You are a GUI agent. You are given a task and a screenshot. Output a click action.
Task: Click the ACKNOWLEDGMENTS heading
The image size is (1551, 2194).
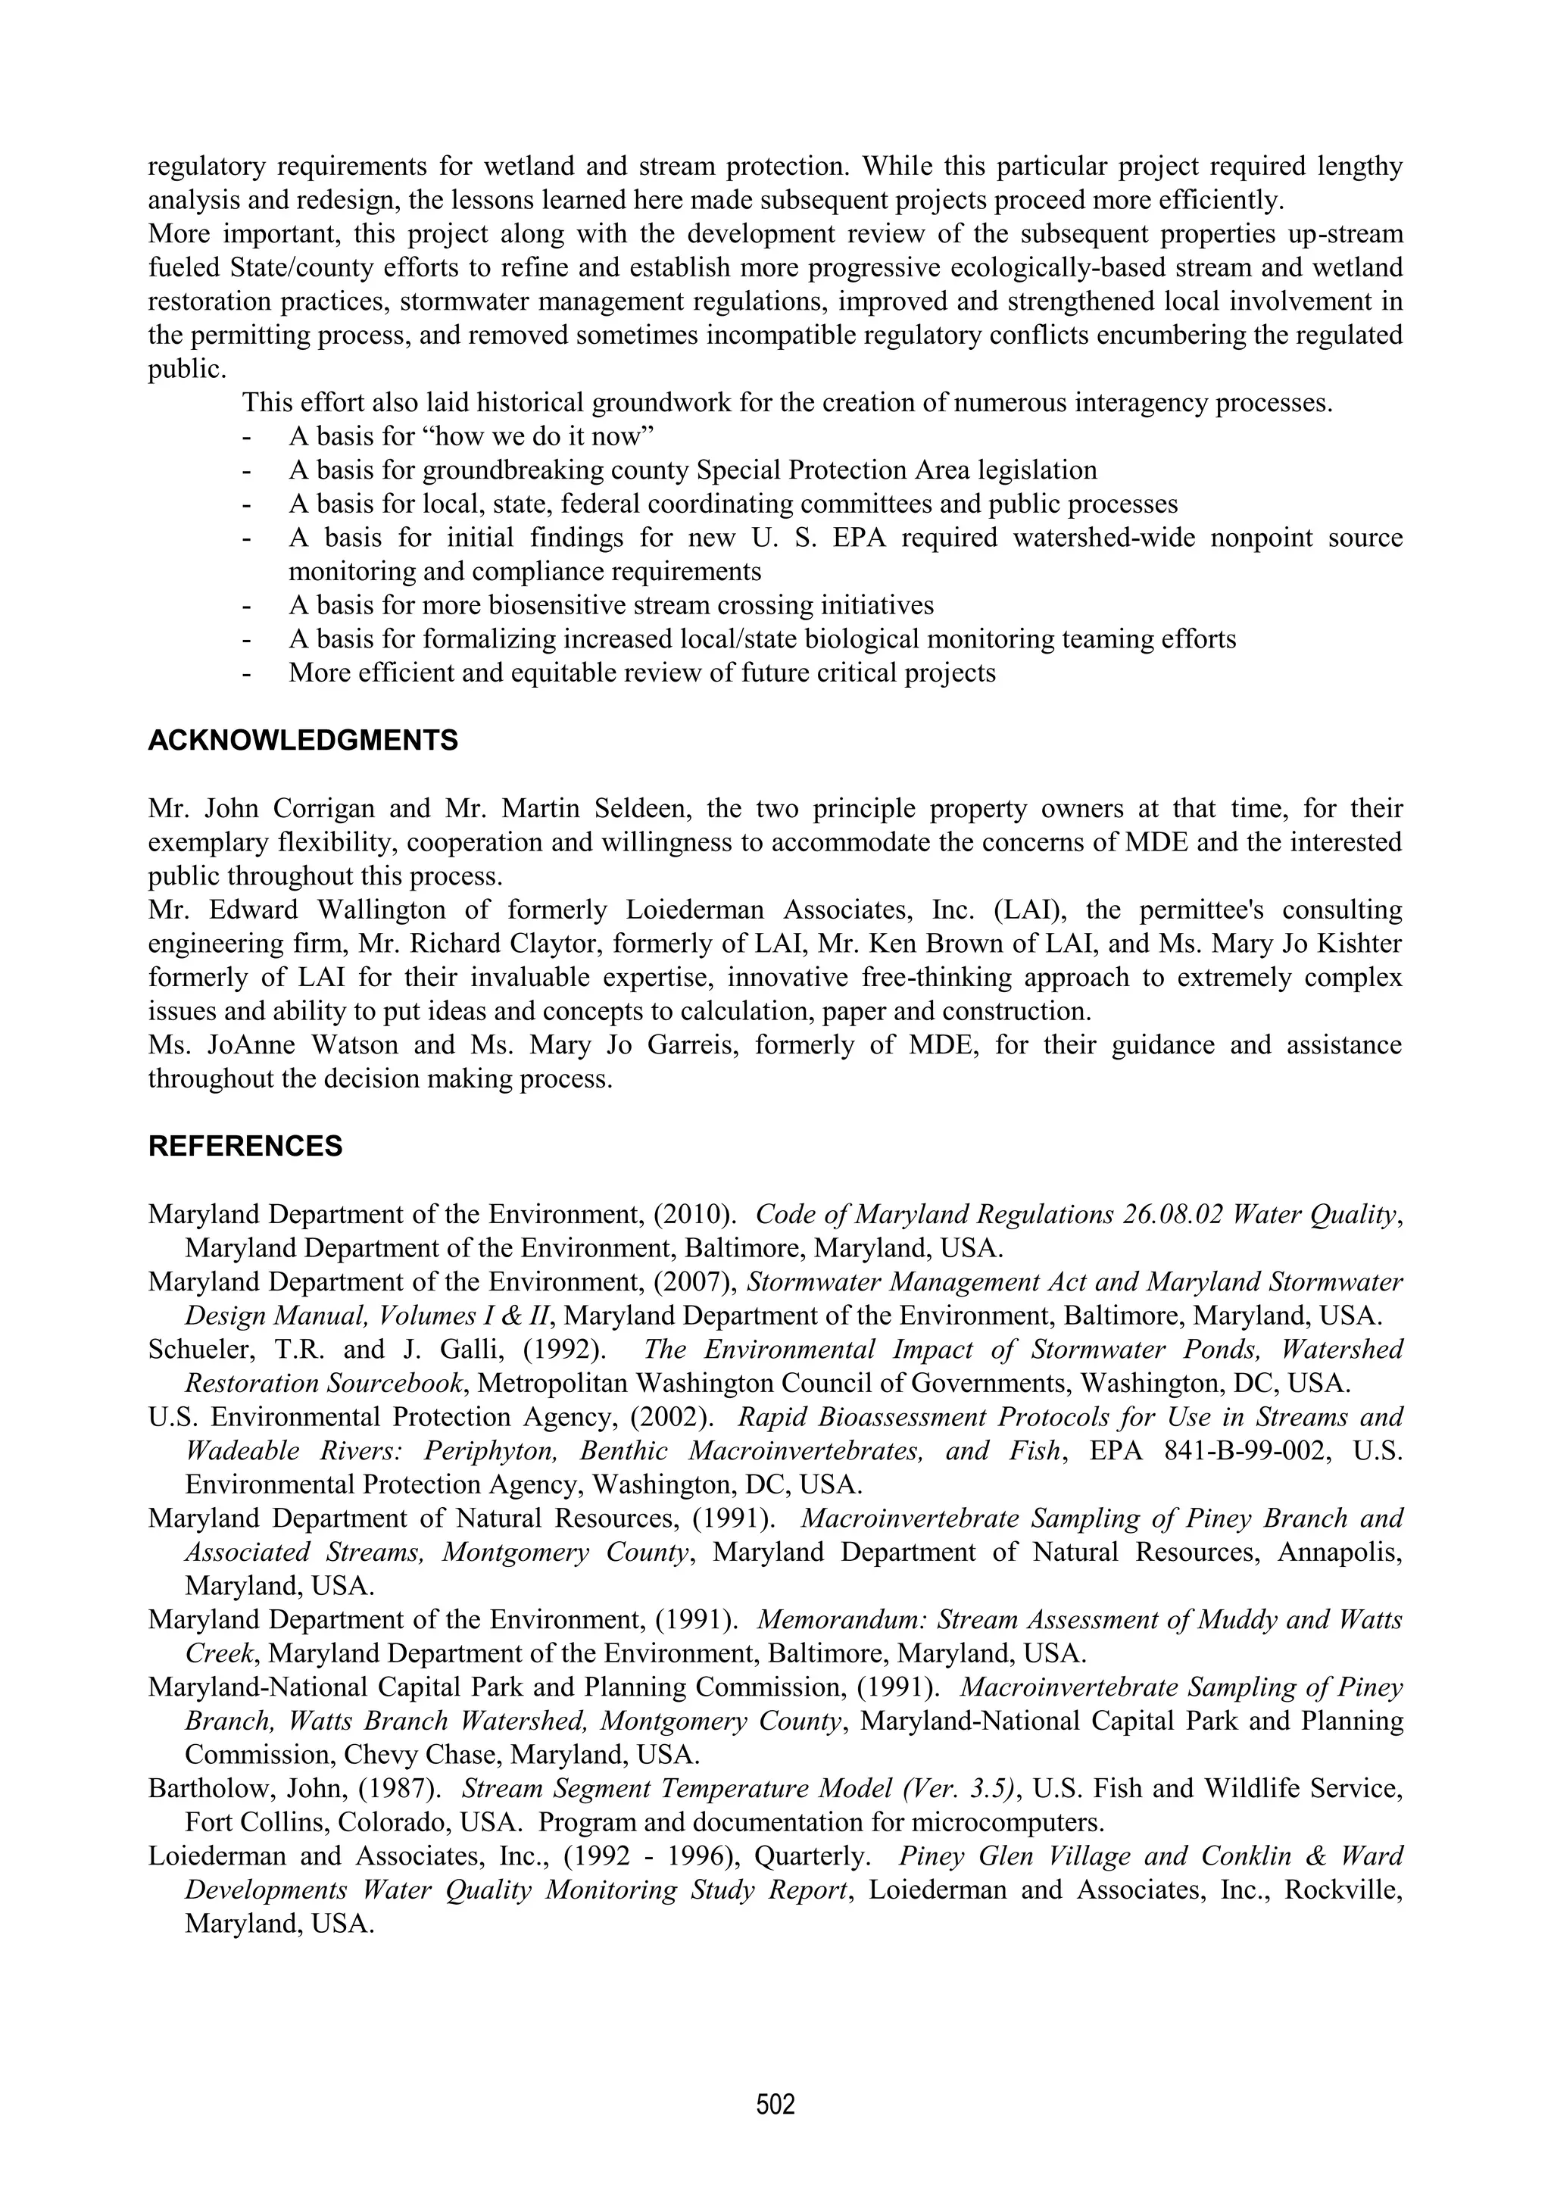[303, 741]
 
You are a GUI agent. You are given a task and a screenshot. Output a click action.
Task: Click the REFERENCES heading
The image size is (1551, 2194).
[245, 1147]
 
